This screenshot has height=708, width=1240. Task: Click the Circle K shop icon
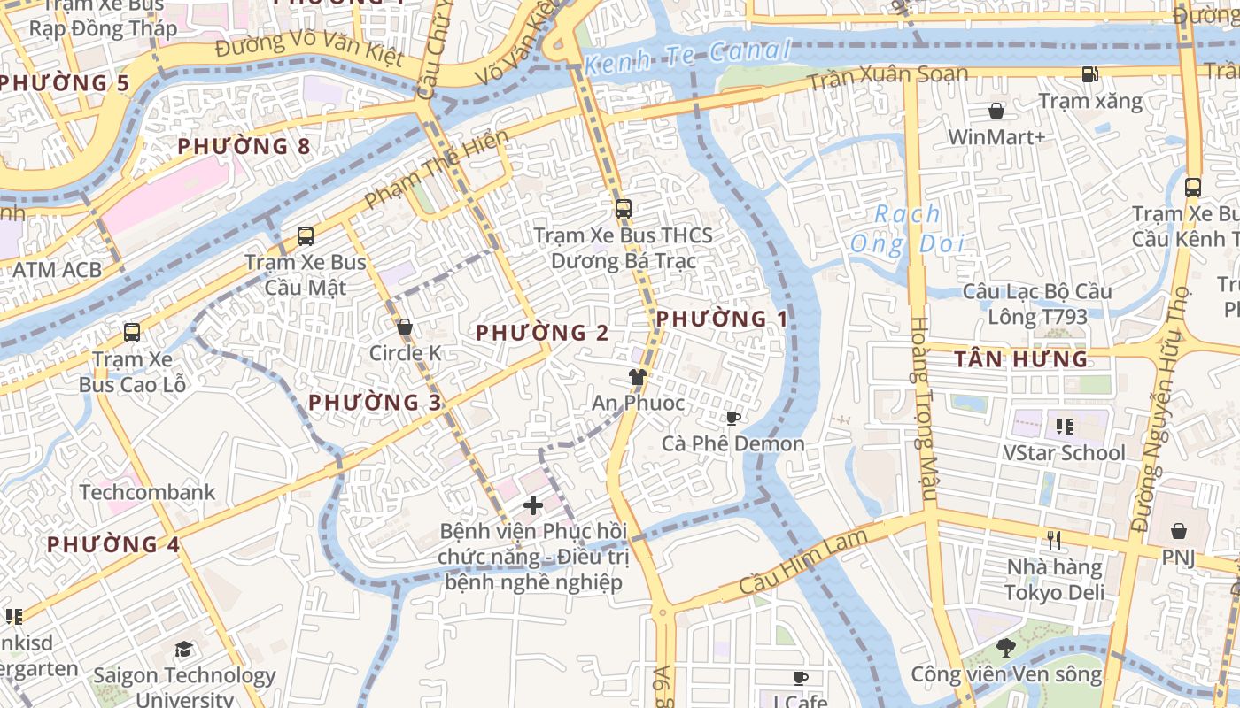405,327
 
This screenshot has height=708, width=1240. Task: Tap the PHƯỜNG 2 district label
542,333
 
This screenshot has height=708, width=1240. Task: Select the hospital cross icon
533,505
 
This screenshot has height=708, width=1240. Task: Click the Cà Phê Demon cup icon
732,418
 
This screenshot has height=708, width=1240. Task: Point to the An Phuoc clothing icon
637,377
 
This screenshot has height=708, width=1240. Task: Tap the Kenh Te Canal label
687,57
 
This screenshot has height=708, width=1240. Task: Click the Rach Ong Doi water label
906,228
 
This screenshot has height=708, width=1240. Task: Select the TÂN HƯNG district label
1021,358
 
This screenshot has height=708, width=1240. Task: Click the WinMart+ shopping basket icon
996,111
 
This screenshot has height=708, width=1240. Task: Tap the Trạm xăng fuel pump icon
1090,75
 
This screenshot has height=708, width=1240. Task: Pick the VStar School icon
1064,427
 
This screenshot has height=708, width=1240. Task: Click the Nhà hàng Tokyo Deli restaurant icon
1054,540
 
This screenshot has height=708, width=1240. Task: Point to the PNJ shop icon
1179,531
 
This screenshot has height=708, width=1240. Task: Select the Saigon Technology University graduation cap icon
183,650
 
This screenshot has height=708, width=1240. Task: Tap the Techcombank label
147,492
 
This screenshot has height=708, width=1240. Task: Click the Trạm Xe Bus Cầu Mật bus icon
306,236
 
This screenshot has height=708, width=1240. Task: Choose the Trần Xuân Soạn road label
887,77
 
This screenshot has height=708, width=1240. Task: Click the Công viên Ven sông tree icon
1005,647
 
